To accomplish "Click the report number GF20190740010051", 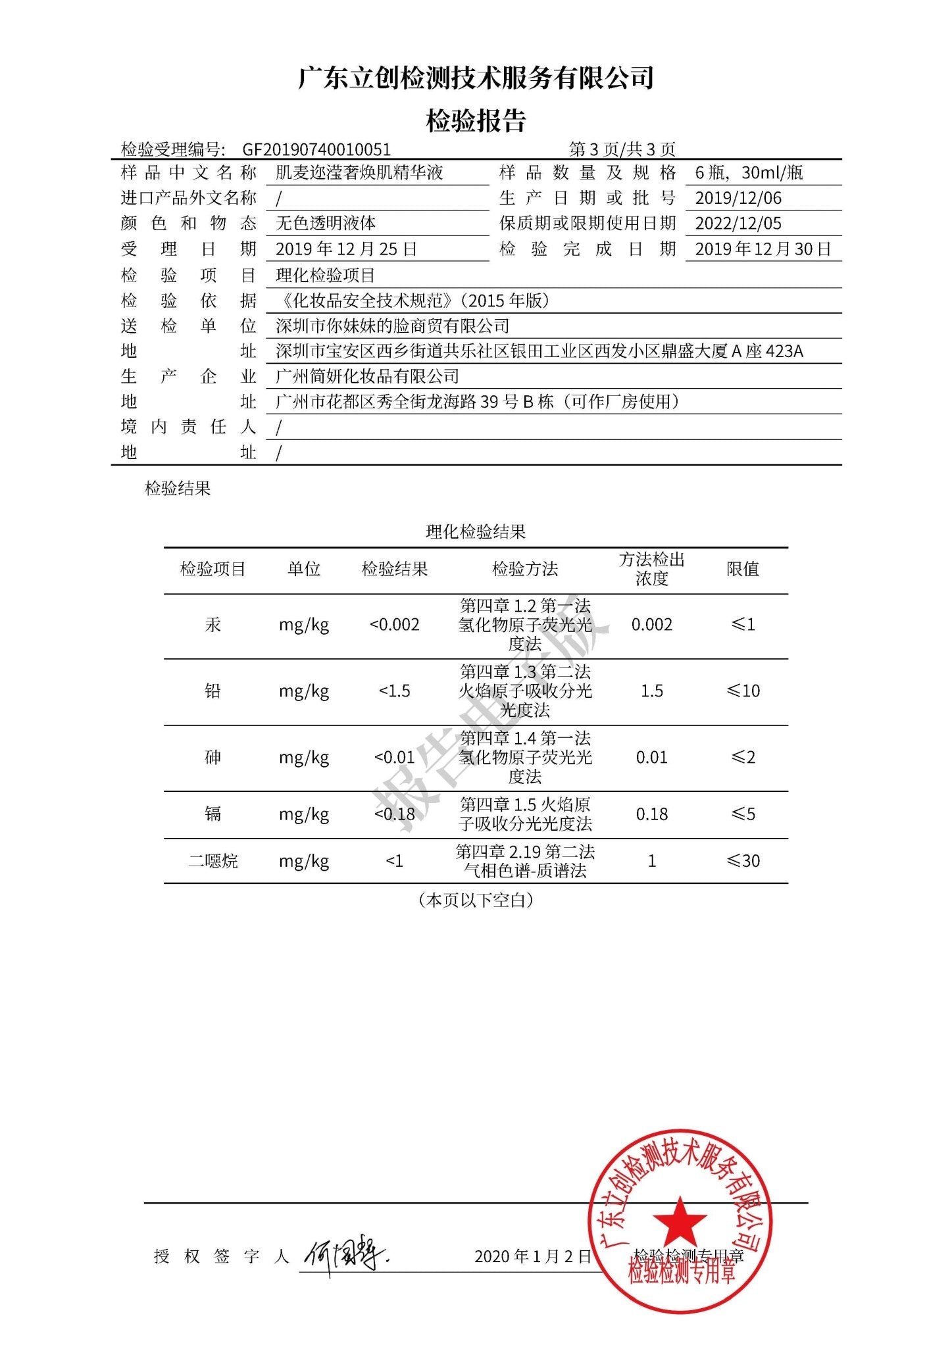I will click(316, 149).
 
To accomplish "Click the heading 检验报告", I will click(476, 120).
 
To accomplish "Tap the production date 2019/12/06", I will click(738, 198).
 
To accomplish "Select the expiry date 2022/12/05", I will click(738, 224).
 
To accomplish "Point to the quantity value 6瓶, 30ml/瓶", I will click(749, 172).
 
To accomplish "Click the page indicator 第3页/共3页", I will click(622, 149).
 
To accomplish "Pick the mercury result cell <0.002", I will click(394, 625).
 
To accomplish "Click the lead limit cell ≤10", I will click(743, 691).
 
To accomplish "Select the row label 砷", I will click(213, 758).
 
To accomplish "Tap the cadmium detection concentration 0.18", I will click(651, 814).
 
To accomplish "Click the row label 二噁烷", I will click(213, 861).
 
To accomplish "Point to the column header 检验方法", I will click(524, 569).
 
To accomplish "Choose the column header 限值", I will click(743, 569).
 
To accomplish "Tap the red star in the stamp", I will click(680, 1220).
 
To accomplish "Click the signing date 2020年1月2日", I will click(532, 1257).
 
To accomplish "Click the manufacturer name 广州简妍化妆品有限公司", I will click(367, 376).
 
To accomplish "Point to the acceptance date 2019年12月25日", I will click(346, 249).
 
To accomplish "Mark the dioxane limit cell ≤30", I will click(743, 861).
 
